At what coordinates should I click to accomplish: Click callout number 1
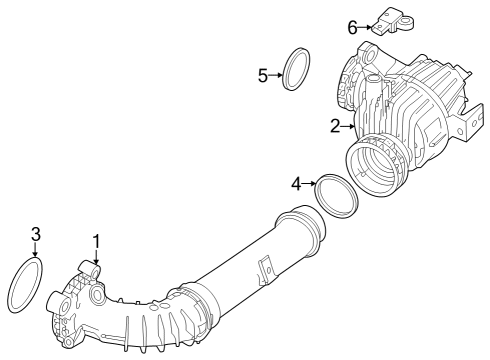(x=96, y=241)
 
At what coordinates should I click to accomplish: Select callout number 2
(x=336, y=126)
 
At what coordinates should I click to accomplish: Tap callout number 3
(x=35, y=234)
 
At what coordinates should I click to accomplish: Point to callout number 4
(x=296, y=183)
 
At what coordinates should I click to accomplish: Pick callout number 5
(x=263, y=74)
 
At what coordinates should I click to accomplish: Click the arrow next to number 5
(x=276, y=74)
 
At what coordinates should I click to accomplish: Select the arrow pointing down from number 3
(x=35, y=250)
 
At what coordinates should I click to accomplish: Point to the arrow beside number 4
(x=309, y=183)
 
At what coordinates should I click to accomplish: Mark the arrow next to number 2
(x=348, y=126)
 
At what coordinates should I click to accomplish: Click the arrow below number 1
(x=96, y=255)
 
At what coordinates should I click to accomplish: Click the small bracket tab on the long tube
(x=265, y=269)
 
